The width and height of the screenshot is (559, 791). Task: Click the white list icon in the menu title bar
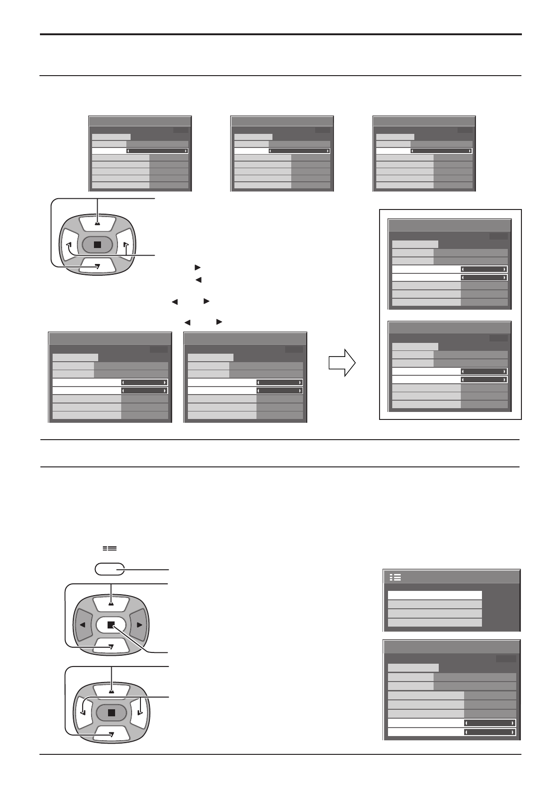coord(395,577)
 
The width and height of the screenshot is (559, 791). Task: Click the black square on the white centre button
coord(111,625)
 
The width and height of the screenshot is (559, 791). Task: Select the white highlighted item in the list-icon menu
coord(435,596)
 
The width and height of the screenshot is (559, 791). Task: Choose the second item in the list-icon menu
coord(435,605)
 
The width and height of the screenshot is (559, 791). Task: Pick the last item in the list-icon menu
coord(435,622)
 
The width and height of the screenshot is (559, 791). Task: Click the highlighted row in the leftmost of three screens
coord(140,151)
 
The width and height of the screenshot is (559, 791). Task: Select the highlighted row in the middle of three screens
coord(282,151)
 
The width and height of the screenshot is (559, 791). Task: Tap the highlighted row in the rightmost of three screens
coord(424,151)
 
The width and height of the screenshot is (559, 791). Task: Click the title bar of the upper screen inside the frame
coord(450,225)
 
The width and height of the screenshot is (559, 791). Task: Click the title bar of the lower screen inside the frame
coord(450,328)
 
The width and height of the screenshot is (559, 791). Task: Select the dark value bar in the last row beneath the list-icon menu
coord(489,732)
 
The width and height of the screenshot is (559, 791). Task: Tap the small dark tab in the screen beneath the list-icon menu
coord(505,659)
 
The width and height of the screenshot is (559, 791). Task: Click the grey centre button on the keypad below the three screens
coord(97,244)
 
